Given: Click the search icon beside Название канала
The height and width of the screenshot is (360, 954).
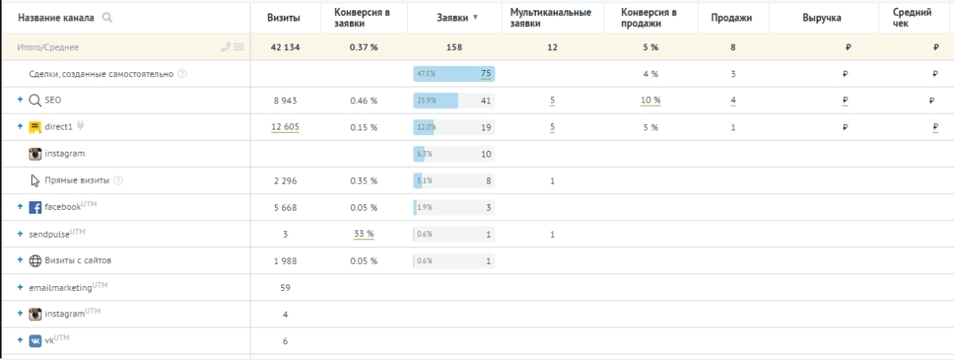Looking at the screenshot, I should tap(107, 17).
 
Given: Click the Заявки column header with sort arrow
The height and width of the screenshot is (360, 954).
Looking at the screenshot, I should tap(457, 17).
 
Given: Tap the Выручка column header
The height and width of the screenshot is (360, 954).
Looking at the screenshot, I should tap(821, 17).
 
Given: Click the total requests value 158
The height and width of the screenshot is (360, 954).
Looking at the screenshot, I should tap(454, 48).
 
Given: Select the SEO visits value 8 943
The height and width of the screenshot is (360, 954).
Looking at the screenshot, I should tap(286, 101).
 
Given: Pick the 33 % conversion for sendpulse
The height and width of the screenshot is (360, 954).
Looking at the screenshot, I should tap(364, 234).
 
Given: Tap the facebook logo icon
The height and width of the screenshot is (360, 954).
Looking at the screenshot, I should tap(35, 207).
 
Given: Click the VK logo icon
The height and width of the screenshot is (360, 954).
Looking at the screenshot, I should tap(35, 341).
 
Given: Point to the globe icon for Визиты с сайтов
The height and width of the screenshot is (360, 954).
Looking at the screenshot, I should tap(35, 261).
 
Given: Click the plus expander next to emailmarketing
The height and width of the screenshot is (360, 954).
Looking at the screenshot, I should tap(20, 288).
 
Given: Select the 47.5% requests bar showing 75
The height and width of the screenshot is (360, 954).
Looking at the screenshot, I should tap(454, 74).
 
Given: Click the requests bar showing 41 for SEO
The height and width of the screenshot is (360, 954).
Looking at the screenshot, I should tap(454, 101).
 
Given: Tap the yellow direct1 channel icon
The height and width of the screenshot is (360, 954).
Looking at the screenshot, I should tap(35, 127).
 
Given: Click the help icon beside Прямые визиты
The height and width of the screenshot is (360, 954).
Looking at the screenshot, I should tap(118, 180).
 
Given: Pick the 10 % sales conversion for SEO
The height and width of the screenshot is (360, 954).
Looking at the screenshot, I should tap(651, 101).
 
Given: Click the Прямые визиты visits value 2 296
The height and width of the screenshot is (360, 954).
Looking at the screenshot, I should tap(286, 180).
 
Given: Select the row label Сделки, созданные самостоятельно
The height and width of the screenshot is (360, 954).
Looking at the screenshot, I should tap(102, 74).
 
